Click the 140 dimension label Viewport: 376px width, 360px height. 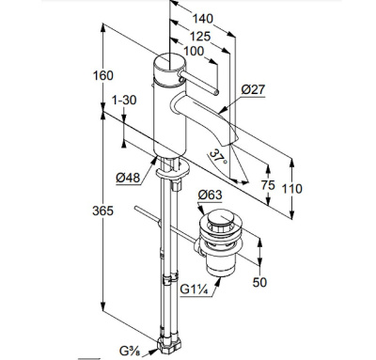(202, 19)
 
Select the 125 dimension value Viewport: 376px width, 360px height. (200, 37)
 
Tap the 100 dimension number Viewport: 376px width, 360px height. (194, 51)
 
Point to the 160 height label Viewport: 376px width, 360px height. (103, 75)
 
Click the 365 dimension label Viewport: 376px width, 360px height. (102, 211)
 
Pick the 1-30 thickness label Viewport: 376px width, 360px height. (124, 101)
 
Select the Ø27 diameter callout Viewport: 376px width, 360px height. (253, 89)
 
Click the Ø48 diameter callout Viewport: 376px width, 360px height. (128, 178)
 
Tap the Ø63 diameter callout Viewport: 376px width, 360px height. (210, 196)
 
